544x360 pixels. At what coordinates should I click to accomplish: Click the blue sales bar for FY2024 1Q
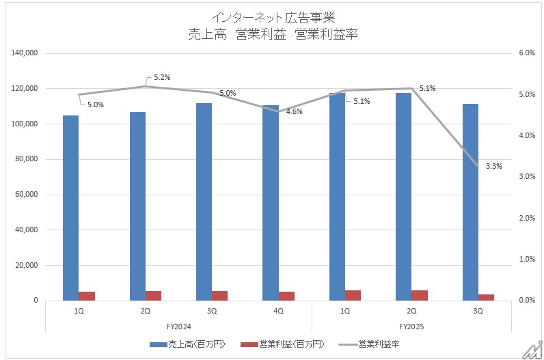coord(70,208)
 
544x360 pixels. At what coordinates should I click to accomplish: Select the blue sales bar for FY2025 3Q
coord(470,202)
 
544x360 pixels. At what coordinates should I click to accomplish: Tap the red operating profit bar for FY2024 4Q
coord(287,296)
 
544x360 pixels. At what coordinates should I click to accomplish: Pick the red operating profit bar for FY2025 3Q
coord(487,297)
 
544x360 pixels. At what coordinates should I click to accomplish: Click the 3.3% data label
coord(494,166)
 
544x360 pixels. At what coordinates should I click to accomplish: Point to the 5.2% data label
coord(162,77)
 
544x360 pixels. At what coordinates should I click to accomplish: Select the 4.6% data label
coord(295,111)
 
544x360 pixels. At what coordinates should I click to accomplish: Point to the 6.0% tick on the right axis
coord(526,53)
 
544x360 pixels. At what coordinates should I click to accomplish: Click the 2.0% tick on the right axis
coord(526,218)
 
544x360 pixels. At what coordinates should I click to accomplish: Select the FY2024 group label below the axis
coord(178,327)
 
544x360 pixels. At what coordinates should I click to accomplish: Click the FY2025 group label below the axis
coord(412,327)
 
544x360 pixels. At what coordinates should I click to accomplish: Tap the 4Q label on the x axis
coord(279,311)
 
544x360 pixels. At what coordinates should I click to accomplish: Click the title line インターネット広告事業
coord(273,16)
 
